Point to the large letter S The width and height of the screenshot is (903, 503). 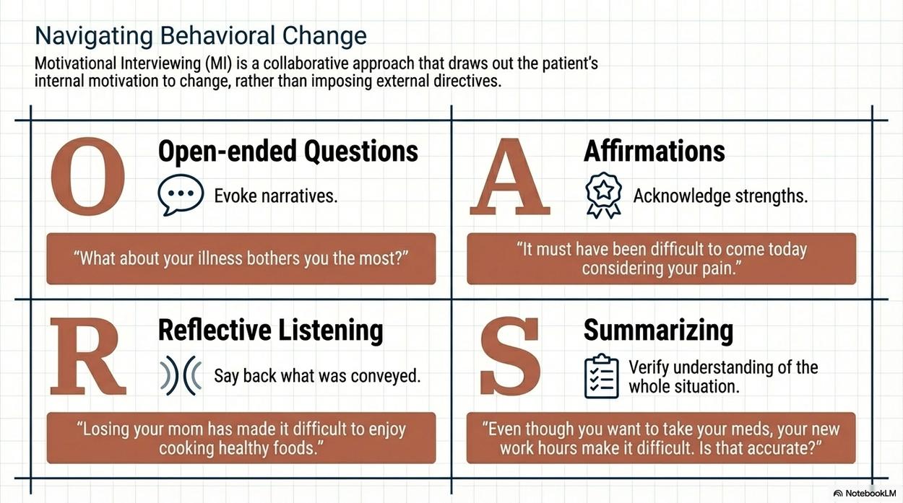(x=509, y=356)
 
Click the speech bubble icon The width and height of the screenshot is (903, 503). (x=181, y=195)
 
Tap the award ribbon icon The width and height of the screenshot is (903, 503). (x=603, y=196)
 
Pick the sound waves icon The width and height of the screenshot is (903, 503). (x=181, y=375)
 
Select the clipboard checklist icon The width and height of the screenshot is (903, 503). (x=601, y=376)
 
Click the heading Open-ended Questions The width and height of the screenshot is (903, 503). (x=288, y=152)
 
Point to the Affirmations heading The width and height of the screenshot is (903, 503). (x=654, y=151)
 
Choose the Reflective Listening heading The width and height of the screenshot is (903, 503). (x=270, y=331)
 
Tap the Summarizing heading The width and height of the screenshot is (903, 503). (x=658, y=331)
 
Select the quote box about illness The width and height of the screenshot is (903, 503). (x=241, y=258)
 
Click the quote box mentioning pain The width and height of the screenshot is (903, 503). (x=661, y=258)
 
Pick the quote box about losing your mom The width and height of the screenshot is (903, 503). (x=241, y=438)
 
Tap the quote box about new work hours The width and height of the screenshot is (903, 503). (x=661, y=438)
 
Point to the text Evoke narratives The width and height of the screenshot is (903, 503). (x=276, y=196)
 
